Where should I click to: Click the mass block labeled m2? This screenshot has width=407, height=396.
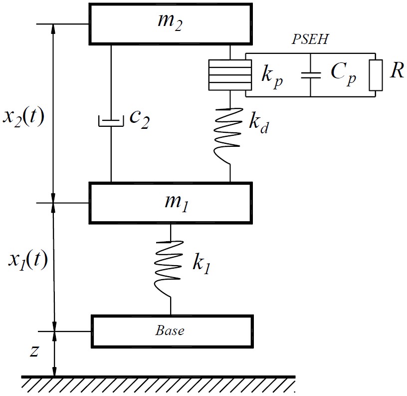click(x=170, y=23)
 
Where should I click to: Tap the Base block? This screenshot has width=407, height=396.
click(x=170, y=331)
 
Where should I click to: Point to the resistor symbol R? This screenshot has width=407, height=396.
click(x=376, y=75)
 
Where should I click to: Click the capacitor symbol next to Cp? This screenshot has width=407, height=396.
click(x=310, y=75)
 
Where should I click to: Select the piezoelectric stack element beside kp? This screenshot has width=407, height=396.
click(x=230, y=75)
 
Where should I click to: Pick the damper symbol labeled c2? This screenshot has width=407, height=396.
click(x=111, y=121)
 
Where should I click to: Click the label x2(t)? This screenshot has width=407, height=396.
click(x=23, y=117)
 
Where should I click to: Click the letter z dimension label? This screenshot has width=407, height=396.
click(x=33, y=351)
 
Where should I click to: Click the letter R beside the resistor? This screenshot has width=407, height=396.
click(x=396, y=71)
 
